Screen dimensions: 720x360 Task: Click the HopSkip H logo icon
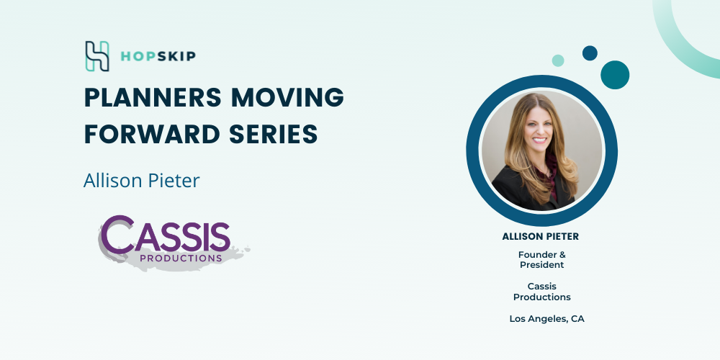click(97, 56)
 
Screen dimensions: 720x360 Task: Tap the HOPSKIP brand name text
click(158, 56)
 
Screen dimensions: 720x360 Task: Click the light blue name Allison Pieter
click(141, 181)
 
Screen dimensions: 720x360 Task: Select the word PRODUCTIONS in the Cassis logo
click(181, 258)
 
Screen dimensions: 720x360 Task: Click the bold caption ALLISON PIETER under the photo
click(541, 237)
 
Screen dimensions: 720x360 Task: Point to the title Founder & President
click(542, 259)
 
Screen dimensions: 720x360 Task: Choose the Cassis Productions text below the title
click(542, 292)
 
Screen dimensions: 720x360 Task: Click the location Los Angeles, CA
click(547, 319)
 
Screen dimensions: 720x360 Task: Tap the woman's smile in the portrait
click(539, 140)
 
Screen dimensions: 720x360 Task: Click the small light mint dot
click(558, 60)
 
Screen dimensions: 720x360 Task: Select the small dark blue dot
click(590, 53)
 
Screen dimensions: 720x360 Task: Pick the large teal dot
click(615, 75)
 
